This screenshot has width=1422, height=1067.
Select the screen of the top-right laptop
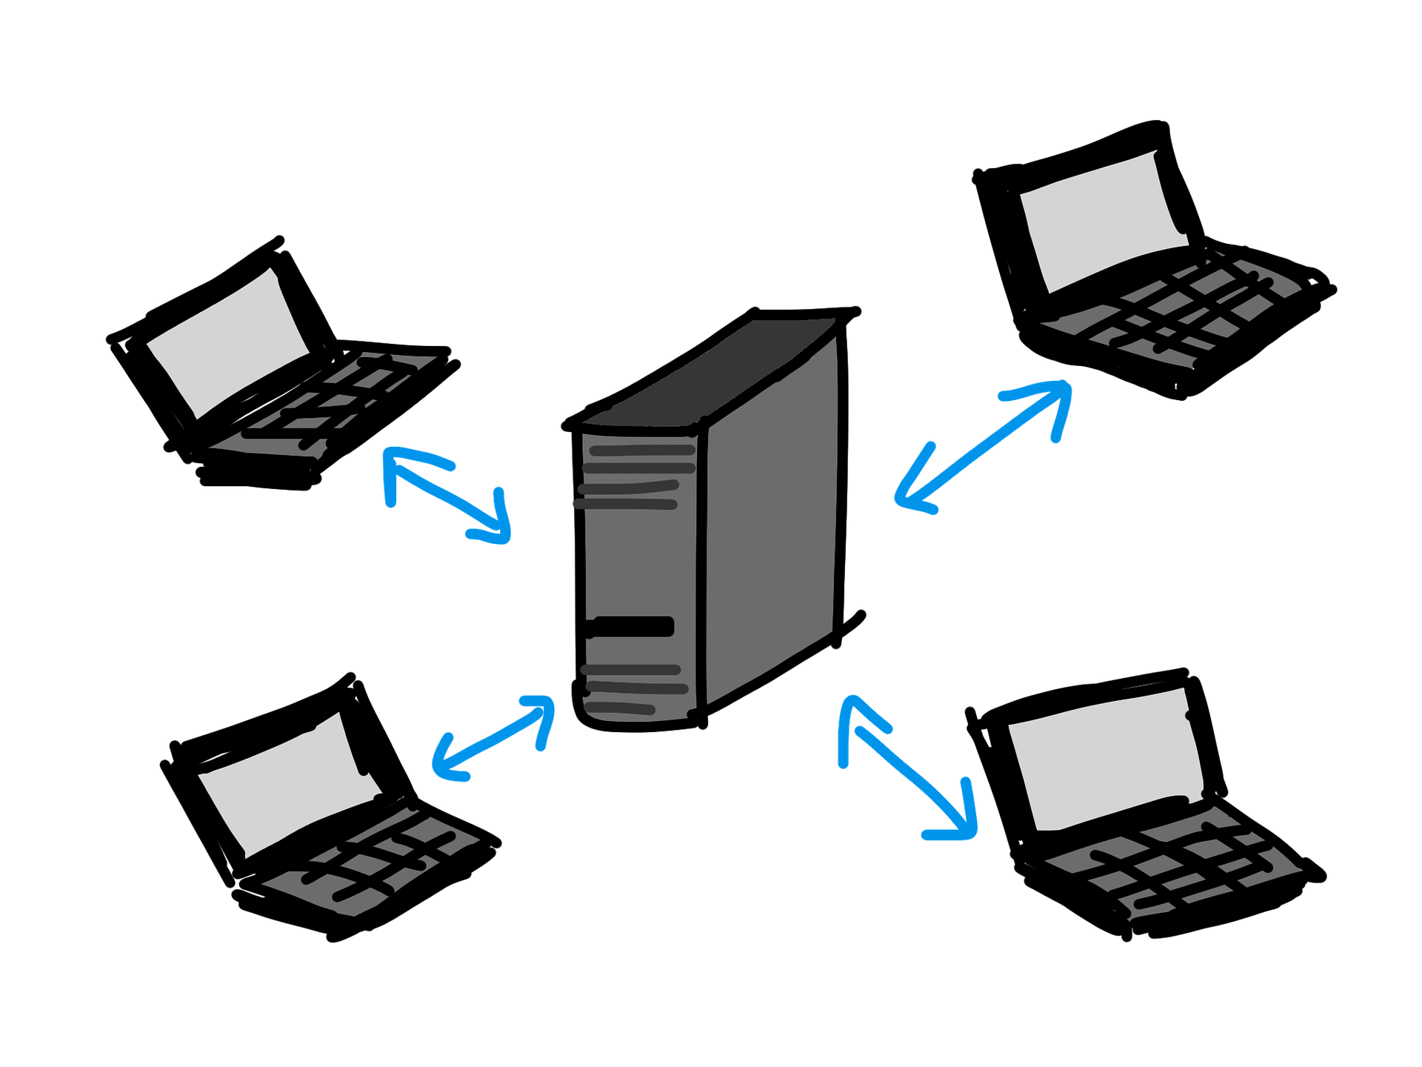coord(1104,222)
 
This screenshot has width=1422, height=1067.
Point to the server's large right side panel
coord(770,519)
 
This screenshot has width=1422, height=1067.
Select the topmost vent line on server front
coord(641,451)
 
